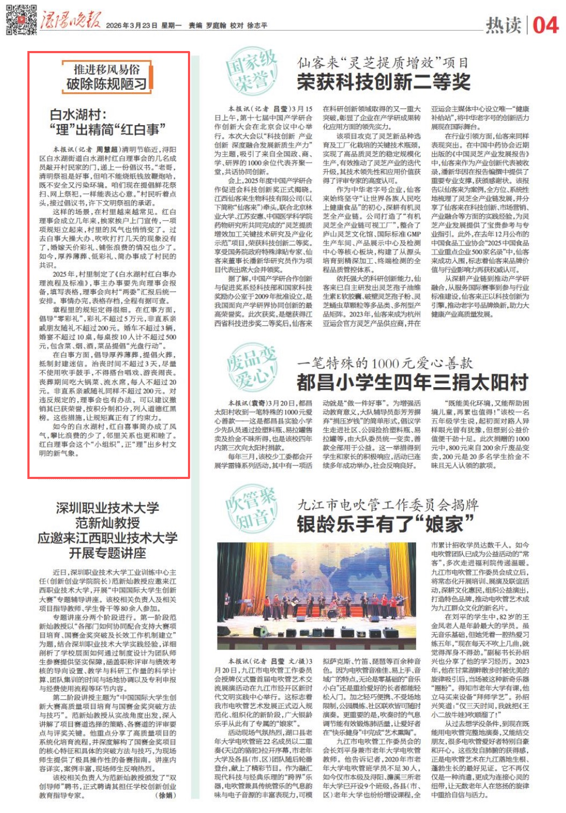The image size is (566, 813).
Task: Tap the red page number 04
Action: (545, 25)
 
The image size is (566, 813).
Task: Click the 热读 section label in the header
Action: (503, 25)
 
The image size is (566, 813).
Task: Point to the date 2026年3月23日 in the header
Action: (132, 25)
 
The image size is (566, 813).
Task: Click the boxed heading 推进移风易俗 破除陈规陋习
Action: (106, 77)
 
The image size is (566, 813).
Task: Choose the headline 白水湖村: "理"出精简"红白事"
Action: (107, 122)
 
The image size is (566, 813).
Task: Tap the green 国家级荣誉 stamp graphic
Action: (251, 72)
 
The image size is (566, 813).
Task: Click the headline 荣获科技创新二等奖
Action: (383, 82)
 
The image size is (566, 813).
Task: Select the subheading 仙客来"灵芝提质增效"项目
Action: (383, 63)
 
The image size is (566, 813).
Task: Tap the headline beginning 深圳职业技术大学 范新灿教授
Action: (107, 530)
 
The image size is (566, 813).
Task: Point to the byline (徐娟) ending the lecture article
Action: (165, 795)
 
